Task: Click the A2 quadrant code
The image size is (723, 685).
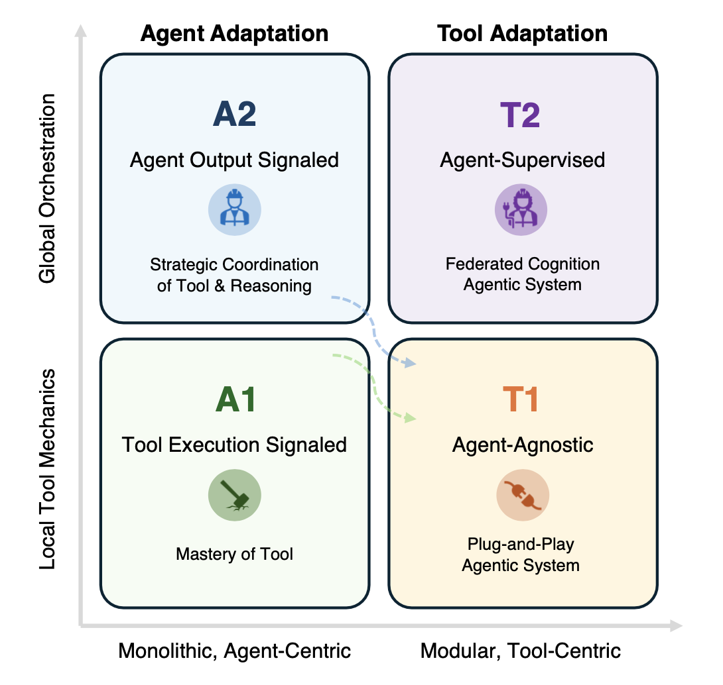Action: (x=234, y=114)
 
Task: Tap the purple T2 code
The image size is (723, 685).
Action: (x=520, y=115)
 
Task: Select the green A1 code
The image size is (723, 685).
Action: (x=235, y=399)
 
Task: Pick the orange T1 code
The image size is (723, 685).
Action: (x=520, y=399)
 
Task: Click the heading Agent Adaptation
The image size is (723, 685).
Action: (x=234, y=34)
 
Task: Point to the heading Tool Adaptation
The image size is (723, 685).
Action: (x=523, y=34)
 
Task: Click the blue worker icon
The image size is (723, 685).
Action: (x=235, y=209)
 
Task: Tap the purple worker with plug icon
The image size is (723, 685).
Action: (x=521, y=209)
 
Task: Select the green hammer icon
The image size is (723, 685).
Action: (x=235, y=495)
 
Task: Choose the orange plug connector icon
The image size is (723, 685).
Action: (x=523, y=495)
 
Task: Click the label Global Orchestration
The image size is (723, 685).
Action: (x=47, y=188)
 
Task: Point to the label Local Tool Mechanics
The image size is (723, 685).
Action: (x=47, y=469)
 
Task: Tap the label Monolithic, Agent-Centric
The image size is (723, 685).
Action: (x=234, y=651)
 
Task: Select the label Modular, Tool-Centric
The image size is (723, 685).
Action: (x=521, y=651)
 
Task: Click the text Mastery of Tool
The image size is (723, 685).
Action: (x=234, y=554)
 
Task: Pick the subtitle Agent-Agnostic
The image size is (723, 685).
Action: (x=523, y=445)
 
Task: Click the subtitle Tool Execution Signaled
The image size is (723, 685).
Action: (x=234, y=445)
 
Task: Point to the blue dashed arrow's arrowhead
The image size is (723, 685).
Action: (x=409, y=363)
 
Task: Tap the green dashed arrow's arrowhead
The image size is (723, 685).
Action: (x=410, y=418)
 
